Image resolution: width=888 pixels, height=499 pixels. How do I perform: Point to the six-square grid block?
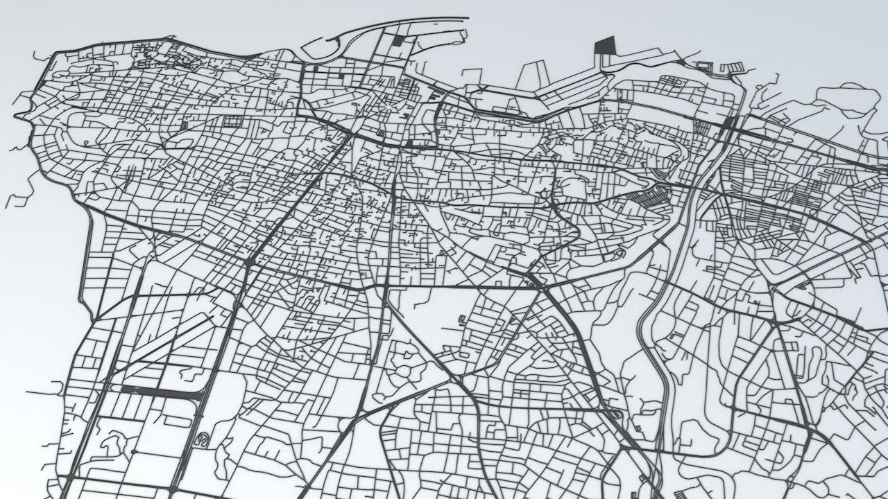230,122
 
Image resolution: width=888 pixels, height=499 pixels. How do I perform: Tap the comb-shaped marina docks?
721,67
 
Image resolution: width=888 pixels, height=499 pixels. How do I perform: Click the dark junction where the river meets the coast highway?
729,124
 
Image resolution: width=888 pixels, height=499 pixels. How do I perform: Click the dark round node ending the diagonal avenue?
248,262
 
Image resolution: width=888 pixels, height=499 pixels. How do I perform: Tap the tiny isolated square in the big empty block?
461,319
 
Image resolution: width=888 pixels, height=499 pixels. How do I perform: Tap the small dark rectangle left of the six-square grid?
184,125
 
